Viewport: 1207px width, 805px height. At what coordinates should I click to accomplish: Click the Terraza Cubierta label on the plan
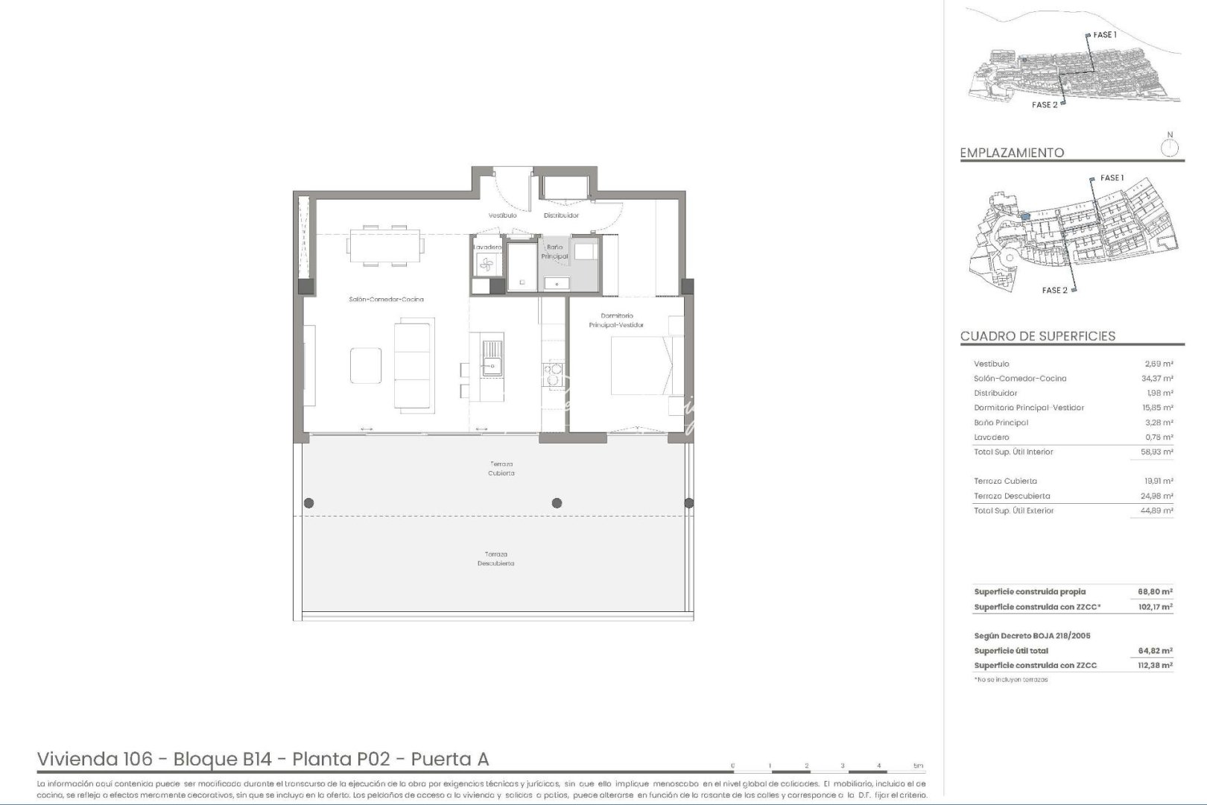click(501, 469)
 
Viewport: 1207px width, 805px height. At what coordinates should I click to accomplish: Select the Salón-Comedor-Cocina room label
click(386, 300)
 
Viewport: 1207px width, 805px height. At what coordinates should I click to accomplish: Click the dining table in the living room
click(386, 245)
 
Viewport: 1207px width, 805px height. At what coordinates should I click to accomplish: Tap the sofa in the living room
click(413, 365)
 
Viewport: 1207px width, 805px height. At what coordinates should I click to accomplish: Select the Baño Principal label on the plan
click(555, 251)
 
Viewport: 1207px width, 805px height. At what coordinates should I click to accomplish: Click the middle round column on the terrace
click(557, 503)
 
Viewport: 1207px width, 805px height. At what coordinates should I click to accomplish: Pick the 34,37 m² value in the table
click(1158, 379)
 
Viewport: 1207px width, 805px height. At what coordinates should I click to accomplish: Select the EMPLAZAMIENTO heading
click(1012, 153)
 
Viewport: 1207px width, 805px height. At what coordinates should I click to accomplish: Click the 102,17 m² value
click(1155, 607)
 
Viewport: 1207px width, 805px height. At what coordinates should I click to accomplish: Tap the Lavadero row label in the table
click(991, 438)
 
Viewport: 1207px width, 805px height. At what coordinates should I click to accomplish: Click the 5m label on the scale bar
click(918, 765)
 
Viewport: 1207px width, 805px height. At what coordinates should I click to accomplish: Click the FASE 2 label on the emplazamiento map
click(1054, 290)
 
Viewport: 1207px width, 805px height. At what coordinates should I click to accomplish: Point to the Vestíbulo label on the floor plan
click(502, 215)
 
